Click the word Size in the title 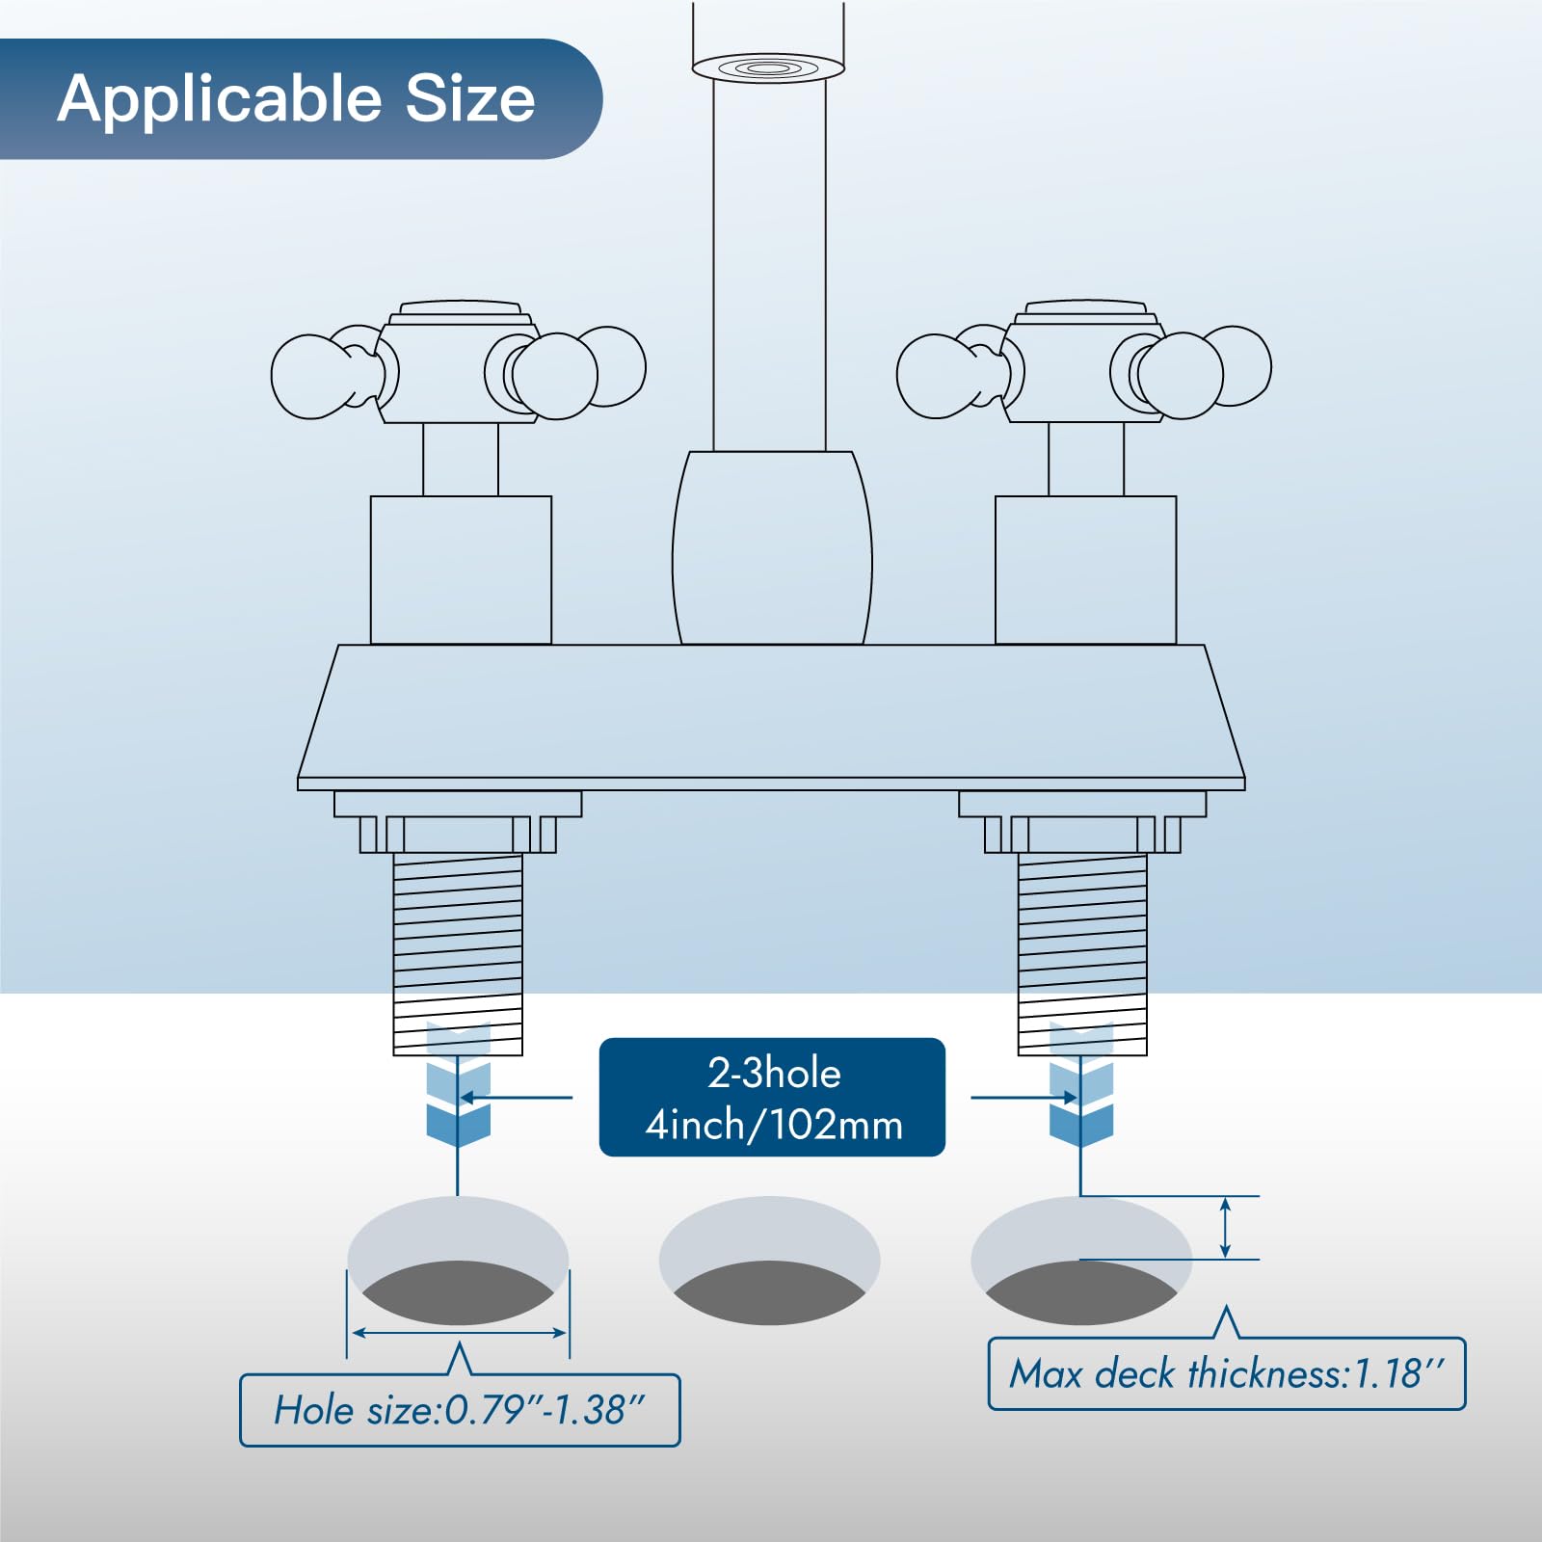tap(469, 98)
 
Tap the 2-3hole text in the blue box tap(774, 1073)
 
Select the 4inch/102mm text tap(774, 1125)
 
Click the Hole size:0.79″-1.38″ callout tap(460, 1410)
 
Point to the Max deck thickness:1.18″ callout tap(1226, 1373)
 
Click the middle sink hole tap(769, 1261)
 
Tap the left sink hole tap(458, 1261)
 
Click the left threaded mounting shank tap(458, 949)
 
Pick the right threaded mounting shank tap(1082, 949)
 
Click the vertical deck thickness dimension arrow tap(1225, 1227)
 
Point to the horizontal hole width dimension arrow tap(459, 1333)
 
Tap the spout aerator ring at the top tap(768, 67)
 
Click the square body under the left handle tap(461, 570)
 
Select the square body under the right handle tap(1085, 570)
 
